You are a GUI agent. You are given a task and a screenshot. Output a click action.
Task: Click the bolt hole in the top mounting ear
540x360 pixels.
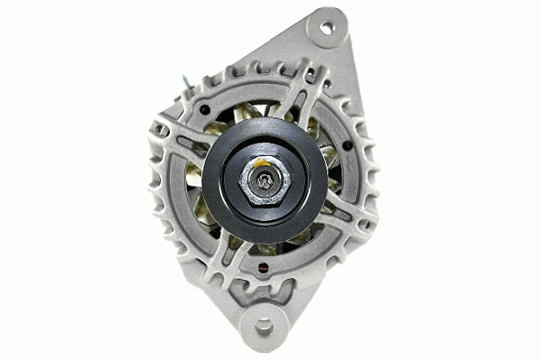[x=326, y=29]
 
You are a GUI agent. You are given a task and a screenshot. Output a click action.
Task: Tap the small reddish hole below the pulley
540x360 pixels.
[x=263, y=268]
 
